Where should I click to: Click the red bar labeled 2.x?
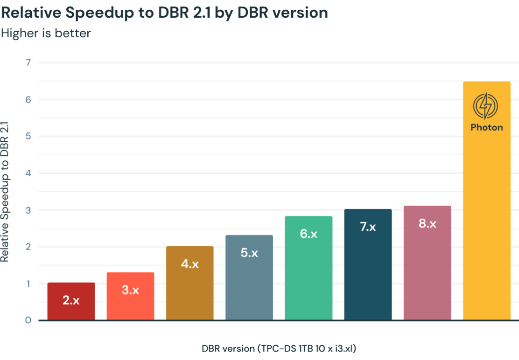tap(71, 301)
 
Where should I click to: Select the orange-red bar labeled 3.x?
tap(130, 296)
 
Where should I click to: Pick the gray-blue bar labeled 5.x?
tap(249, 277)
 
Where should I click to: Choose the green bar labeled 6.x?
tap(309, 268)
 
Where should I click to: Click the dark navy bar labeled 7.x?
tap(368, 264)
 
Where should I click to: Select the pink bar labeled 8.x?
tap(427, 263)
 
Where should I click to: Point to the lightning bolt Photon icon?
tap(486, 106)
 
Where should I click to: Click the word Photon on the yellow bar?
tap(486, 127)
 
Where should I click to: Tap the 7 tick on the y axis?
tap(28, 62)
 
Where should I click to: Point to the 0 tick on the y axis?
tap(28, 320)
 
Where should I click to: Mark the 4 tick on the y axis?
tap(28, 173)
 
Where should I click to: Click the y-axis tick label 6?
tap(28, 99)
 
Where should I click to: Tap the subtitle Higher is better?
tap(46, 33)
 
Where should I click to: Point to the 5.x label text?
tap(249, 253)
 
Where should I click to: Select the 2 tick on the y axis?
tap(28, 247)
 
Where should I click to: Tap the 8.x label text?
tap(427, 224)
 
